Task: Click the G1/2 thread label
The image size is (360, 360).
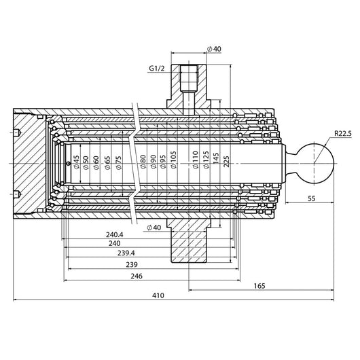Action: [x=157, y=68]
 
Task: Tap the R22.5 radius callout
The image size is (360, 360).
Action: [x=343, y=133]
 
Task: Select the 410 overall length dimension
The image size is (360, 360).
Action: [x=158, y=295]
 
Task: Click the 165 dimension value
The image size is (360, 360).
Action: [x=259, y=286]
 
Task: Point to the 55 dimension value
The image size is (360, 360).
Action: [x=312, y=198]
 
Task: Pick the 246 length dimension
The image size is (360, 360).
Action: [x=137, y=276]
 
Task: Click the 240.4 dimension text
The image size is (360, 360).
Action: [x=115, y=234]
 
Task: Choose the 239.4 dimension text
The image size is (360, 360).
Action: [x=126, y=253]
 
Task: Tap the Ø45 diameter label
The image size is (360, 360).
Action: [x=77, y=162]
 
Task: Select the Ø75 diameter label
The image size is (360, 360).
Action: [x=119, y=162]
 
